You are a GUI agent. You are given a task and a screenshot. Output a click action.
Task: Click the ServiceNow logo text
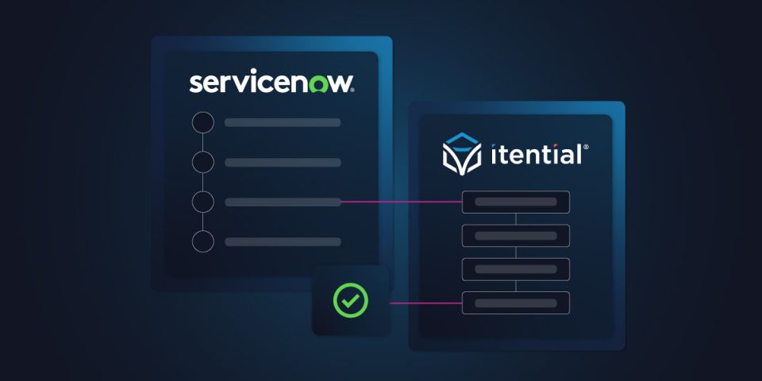point(271,83)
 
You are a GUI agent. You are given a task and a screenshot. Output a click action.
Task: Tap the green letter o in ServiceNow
point(320,86)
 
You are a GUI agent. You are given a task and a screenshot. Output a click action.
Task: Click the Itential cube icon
point(462,153)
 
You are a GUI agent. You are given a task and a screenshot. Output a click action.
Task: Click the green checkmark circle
point(350,300)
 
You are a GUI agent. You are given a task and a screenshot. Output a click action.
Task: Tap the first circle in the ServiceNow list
point(202,122)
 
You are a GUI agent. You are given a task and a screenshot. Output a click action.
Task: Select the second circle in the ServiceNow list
point(202,162)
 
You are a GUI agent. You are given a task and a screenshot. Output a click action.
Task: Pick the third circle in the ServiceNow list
point(202,202)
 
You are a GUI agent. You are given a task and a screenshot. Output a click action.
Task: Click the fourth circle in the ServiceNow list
point(202,241)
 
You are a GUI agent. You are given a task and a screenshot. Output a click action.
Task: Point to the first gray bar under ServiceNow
point(283,122)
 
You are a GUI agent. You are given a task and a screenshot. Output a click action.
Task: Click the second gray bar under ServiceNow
point(283,162)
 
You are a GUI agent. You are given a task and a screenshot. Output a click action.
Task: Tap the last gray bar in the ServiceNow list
point(283,241)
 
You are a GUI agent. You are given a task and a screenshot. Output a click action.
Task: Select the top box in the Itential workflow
point(516,202)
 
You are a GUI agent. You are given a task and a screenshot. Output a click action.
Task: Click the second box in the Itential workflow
point(516,236)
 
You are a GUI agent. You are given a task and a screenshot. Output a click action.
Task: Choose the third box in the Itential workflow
point(516,269)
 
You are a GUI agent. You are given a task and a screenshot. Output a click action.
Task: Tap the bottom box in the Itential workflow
point(516,302)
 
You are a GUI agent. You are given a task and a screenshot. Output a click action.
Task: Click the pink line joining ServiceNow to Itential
point(401,201)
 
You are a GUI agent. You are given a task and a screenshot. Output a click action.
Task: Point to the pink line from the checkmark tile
point(425,303)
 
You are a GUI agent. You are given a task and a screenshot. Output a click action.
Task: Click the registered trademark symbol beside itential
point(586,146)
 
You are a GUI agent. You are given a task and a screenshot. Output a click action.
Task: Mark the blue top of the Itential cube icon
point(462,138)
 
